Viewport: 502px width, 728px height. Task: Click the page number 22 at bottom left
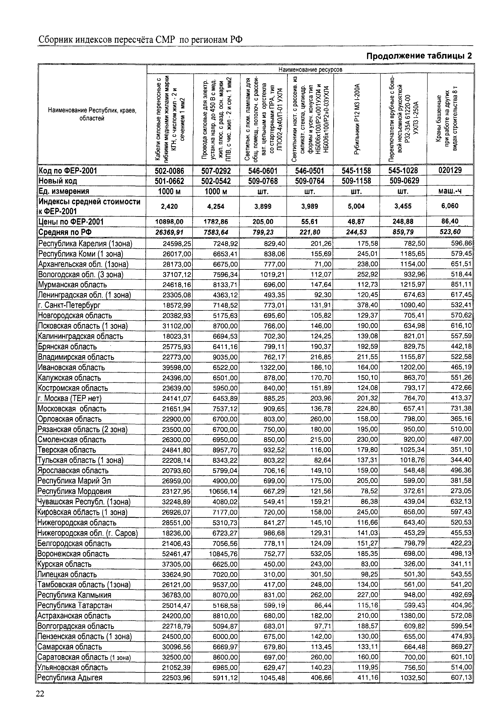click(x=40, y=693)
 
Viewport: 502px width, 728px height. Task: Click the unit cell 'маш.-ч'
click(x=450, y=191)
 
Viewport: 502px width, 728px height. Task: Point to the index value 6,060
click(x=450, y=206)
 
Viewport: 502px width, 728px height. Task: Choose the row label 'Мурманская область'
click(x=72, y=285)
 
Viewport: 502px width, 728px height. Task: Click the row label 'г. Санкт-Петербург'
click(x=69, y=305)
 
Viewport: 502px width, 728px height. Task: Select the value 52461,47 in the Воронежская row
click(x=176, y=554)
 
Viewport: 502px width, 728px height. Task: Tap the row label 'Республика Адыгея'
click(x=70, y=677)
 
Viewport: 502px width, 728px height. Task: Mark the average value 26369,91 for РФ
click(x=169, y=232)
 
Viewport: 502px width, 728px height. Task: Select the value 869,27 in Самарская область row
click(x=461, y=647)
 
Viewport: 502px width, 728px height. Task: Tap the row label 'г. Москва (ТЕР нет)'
click(x=69, y=399)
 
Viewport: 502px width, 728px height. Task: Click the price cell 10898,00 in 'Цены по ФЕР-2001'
click(x=169, y=222)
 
